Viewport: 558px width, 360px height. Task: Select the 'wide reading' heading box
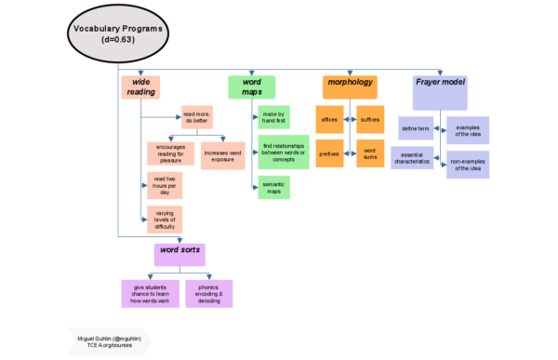point(140,87)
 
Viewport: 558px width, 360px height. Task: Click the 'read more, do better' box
point(196,117)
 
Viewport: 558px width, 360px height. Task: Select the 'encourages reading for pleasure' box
point(170,154)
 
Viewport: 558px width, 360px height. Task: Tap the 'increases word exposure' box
point(223,155)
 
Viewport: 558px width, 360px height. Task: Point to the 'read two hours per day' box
point(165,185)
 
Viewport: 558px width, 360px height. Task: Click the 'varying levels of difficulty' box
point(165,220)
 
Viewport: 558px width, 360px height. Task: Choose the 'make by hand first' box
point(273,117)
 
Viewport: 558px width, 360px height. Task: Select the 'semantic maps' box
point(273,187)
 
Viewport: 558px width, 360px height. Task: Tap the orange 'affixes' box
point(329,119)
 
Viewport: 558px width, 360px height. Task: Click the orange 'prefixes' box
point(329,153)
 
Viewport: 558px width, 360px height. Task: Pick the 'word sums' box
point(370,153)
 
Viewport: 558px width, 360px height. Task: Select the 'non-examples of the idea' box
point(468,165)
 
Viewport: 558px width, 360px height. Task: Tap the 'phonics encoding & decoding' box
point(209,293)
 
